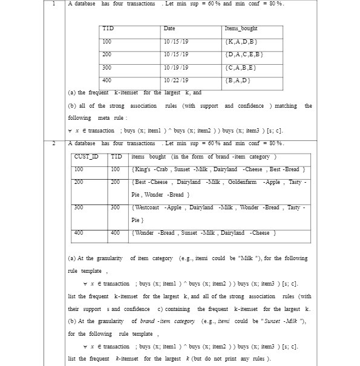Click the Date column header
(169, 28)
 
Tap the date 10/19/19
(175, 67)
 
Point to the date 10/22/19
(175, 80)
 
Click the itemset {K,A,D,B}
(241, 42)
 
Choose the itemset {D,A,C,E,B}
(244, 54)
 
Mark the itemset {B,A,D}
(238, 80)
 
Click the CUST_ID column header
(86, 157)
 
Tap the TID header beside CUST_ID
(116, 157)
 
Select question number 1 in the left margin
(54, 4)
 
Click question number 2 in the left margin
(54, 143)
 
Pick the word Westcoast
(147, 207)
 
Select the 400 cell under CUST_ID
(79, 232)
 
